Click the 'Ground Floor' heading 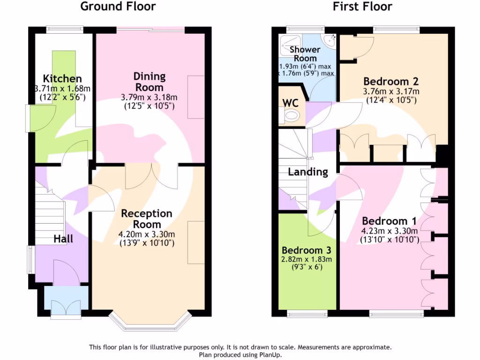(x=118, y=7)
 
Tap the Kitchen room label (x=62, y=79)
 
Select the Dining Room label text (x=150, y=82)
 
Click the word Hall (x=63, y=239)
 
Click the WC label (x=291, y=103)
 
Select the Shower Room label (x=305, y=53)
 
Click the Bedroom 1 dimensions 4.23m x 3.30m (x=390, y=230)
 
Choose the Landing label (x=307, y=172)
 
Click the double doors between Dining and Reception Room (x=151, y=175)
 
